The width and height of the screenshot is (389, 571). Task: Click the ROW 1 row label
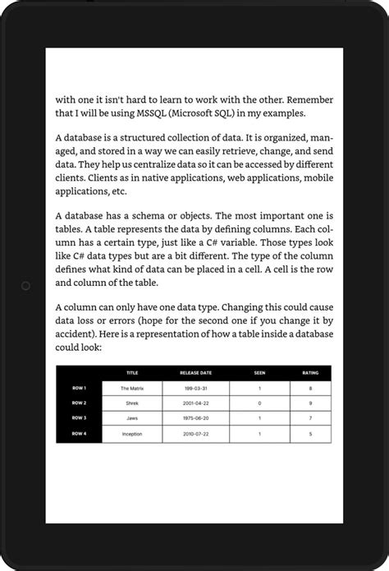pos(79,388)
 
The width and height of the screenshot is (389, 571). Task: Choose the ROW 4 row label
pos(79,433)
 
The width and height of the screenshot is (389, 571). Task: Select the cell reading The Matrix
pos(132,388)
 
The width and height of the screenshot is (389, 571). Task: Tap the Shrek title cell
pos(132,403)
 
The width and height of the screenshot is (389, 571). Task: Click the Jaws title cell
pos(132,418)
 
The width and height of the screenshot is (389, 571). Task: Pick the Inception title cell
pos(132,433)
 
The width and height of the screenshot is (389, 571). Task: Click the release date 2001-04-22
pos(194,403)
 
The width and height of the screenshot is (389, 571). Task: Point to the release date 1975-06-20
pos(194,418)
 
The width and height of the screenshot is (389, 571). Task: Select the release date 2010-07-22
pos(194,433)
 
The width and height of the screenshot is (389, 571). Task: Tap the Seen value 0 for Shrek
pos(259,403)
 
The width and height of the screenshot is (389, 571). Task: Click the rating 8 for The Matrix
pos(310,388)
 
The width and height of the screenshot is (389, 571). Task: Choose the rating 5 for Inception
pos(310,433)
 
